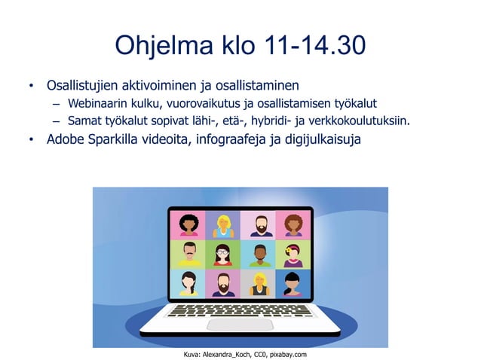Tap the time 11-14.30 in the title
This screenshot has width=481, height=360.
pos(315,47)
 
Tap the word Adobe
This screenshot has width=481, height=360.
pos(66,139)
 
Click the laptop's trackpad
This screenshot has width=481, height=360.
pos(240,324)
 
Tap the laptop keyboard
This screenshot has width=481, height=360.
pos(240,310)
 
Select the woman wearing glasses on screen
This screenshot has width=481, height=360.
pos(223,255)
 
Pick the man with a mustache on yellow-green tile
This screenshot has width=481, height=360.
pos(188,255)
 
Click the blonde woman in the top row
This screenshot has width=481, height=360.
pos(223,224)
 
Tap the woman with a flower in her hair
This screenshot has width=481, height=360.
pos(293,255)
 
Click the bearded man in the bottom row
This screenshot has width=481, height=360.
pos(223,284)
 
